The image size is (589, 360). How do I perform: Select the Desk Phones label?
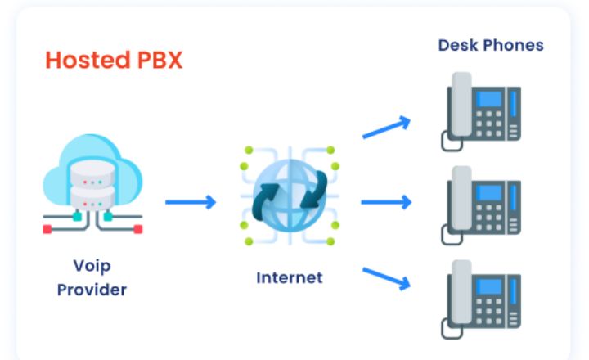(x=491, y=45)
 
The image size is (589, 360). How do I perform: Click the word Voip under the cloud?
(x=92, y=266)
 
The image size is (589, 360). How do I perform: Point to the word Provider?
(x=92, y=290)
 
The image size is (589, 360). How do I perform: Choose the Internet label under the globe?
(x=289, y=277)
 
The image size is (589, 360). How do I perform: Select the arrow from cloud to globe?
(x=190, y=201)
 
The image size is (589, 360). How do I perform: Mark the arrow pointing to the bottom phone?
(x=385, y=277)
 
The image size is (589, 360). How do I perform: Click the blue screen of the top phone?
(x=490, y=99)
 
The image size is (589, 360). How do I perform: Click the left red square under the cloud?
(x=47, y=230)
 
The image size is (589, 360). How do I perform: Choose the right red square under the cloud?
(x=137, y=230)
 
